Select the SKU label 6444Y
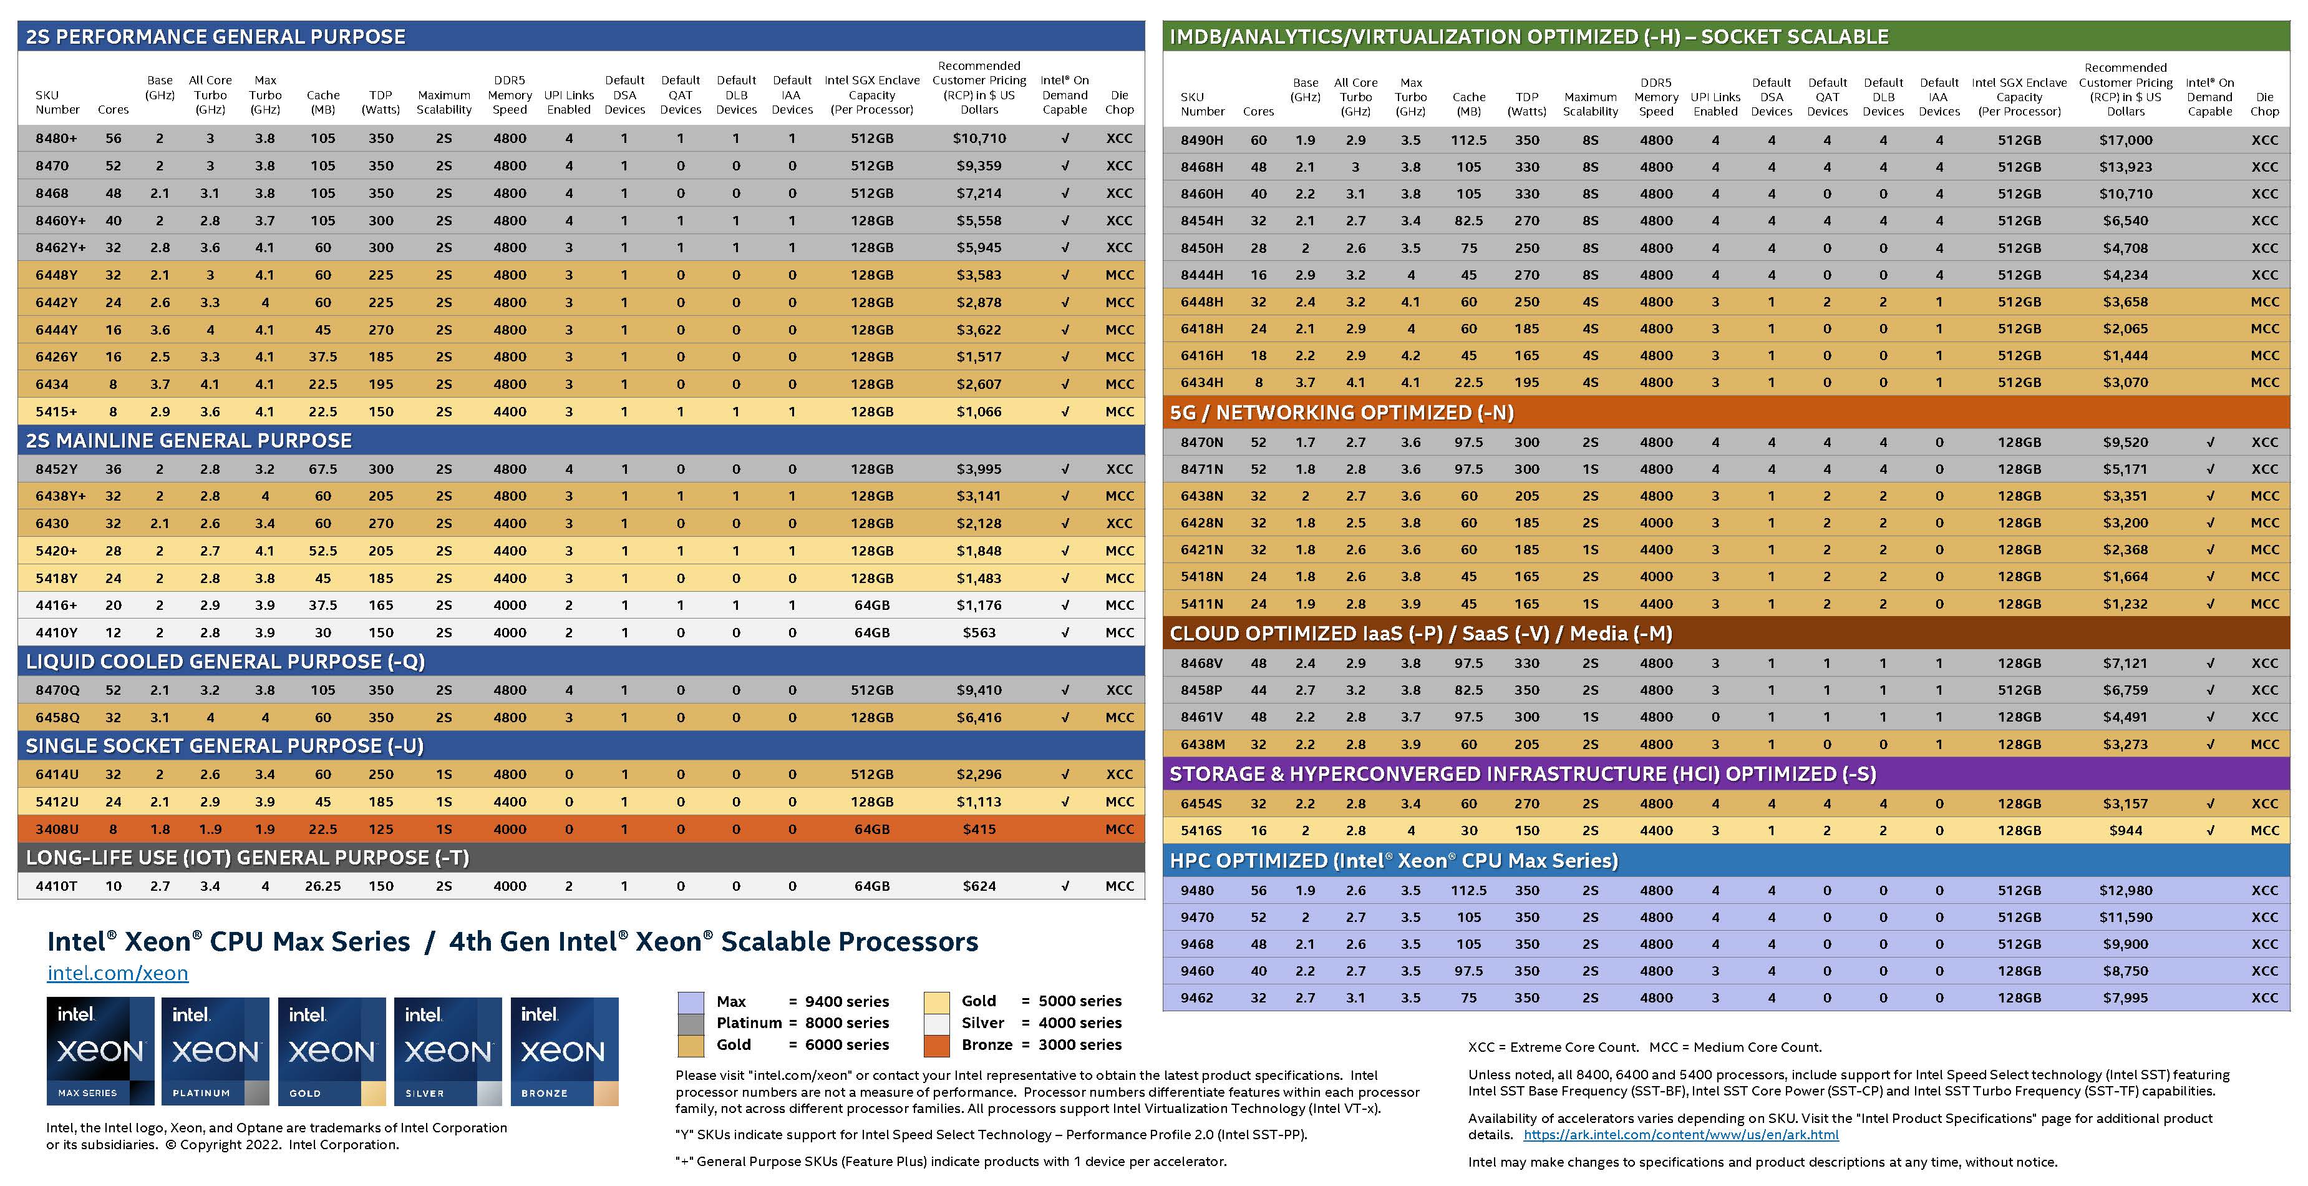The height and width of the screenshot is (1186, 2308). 56,330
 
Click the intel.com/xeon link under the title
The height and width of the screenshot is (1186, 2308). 117,973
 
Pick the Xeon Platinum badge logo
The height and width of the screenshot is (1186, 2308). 215,1051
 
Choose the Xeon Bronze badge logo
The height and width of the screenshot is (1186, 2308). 563,1051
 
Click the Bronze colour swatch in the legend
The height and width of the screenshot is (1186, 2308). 936,1046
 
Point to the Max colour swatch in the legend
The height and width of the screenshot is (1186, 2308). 691,1001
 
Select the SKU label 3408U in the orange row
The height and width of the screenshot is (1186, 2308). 56,829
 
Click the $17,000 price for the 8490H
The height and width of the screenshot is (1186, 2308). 2125,140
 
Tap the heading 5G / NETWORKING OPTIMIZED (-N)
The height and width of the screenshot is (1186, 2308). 1341,413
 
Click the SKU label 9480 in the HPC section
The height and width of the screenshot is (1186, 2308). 1197,890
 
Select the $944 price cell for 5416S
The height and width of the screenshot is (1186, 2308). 2125,830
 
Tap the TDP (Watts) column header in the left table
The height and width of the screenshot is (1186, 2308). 381,102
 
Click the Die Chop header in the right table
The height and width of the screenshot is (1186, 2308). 2264,104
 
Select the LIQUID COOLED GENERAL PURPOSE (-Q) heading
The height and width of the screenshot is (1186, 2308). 225,662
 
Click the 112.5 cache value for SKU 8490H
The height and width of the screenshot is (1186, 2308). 1468,140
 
